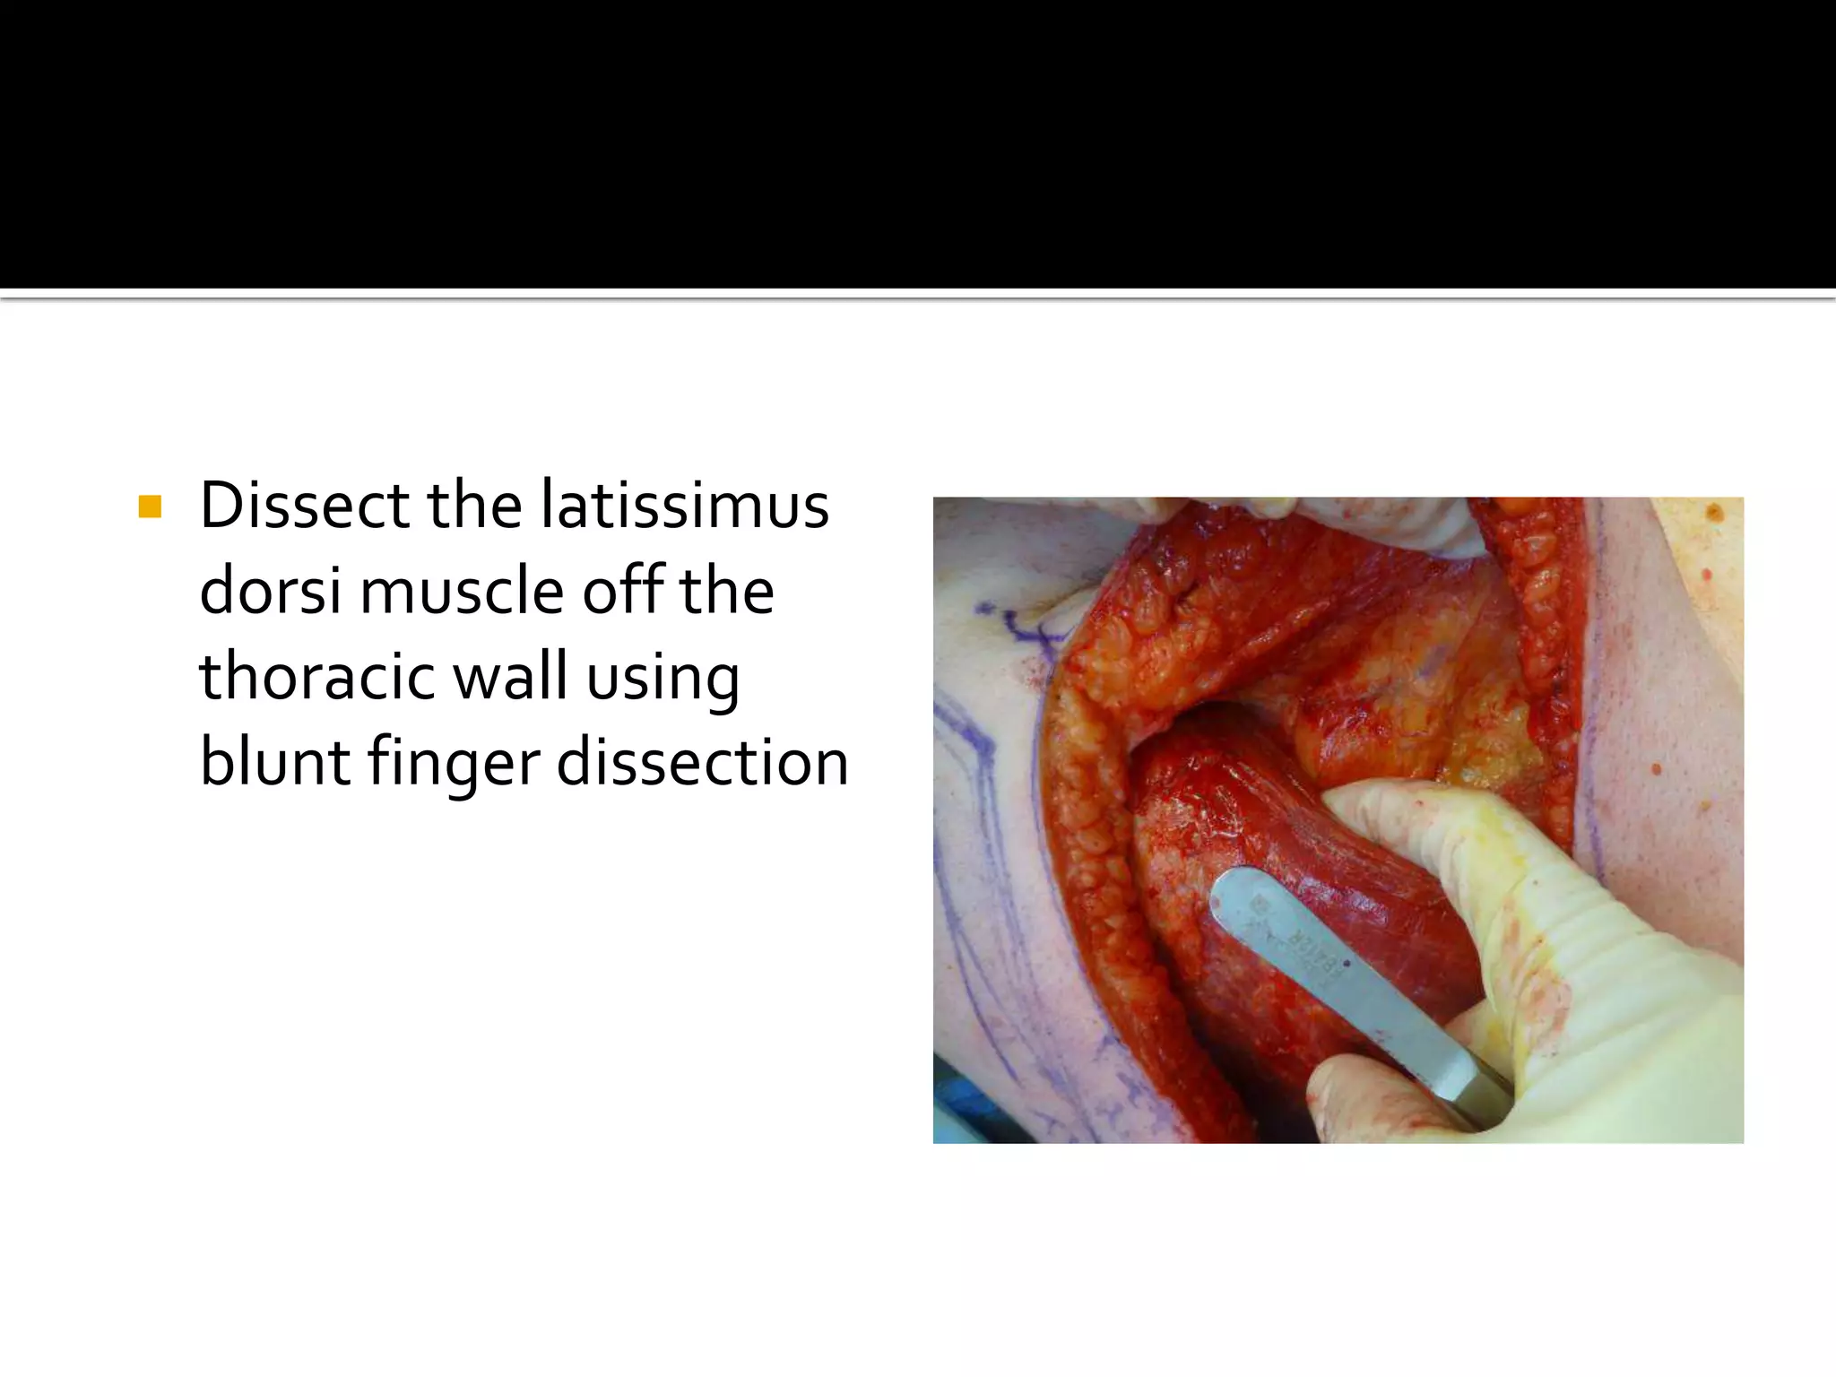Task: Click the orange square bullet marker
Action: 150,508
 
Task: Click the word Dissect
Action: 303,507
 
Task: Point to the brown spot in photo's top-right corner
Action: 1715,515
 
